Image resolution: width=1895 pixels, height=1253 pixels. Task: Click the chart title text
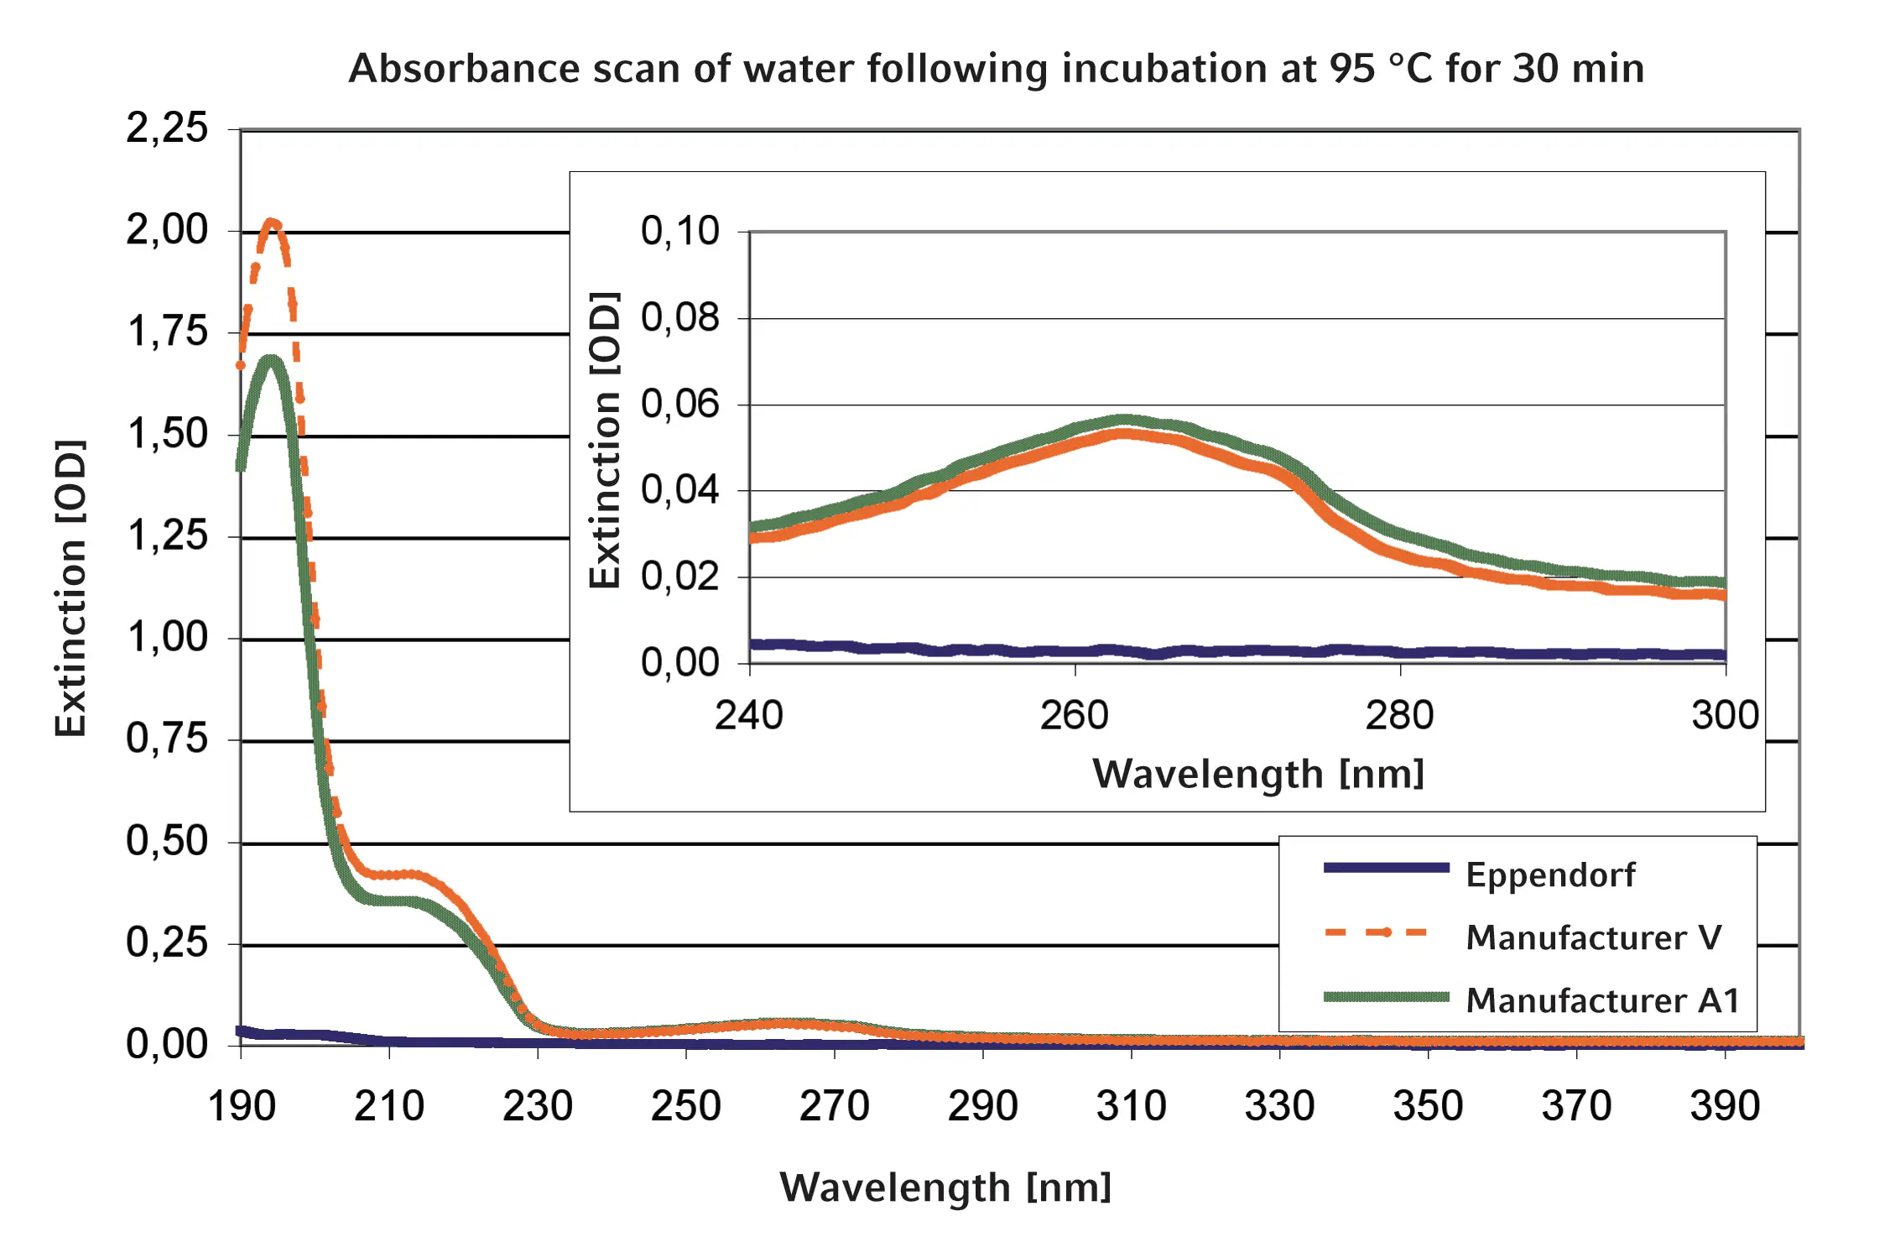tap(996, 68)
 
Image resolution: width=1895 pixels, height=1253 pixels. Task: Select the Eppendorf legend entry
tap(1549, 874)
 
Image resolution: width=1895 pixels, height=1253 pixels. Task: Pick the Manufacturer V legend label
tap(1593, 937)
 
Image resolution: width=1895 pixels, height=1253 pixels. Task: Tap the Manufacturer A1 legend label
tap(1602, 1000)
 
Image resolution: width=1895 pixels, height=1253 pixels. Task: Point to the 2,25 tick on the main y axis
tap(167, 128)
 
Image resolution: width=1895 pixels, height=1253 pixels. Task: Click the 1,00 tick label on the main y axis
tap(167, 637)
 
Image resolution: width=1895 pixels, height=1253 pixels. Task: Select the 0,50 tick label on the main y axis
tap(167, 841)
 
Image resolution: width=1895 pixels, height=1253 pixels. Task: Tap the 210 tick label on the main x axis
tap(388, 1105)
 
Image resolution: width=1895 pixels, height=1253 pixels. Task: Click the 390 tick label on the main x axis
tap(1725, 1105)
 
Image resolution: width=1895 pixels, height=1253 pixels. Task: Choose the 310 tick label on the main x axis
tap(1131, 1105)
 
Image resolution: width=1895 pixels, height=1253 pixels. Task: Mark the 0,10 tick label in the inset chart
tap(679, 231)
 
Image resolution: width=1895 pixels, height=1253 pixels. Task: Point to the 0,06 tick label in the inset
tap(679, 404)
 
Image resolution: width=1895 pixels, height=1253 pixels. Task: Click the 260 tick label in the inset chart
tap(1074, 716)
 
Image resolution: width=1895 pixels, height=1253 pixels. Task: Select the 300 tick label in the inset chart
tap(1725, 716)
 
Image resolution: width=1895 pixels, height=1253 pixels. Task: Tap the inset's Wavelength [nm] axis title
tap(1257, 774)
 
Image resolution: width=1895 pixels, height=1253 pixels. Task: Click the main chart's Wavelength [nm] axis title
tap(945, 1188)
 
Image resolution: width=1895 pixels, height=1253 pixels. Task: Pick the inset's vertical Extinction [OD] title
tap(604, 441)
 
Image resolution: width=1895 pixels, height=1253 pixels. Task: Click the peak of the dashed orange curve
tap(271, 223)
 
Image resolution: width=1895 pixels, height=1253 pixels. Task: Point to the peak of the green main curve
tap(270, 361)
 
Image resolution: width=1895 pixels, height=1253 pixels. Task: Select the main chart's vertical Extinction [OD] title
tap(70, 587)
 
